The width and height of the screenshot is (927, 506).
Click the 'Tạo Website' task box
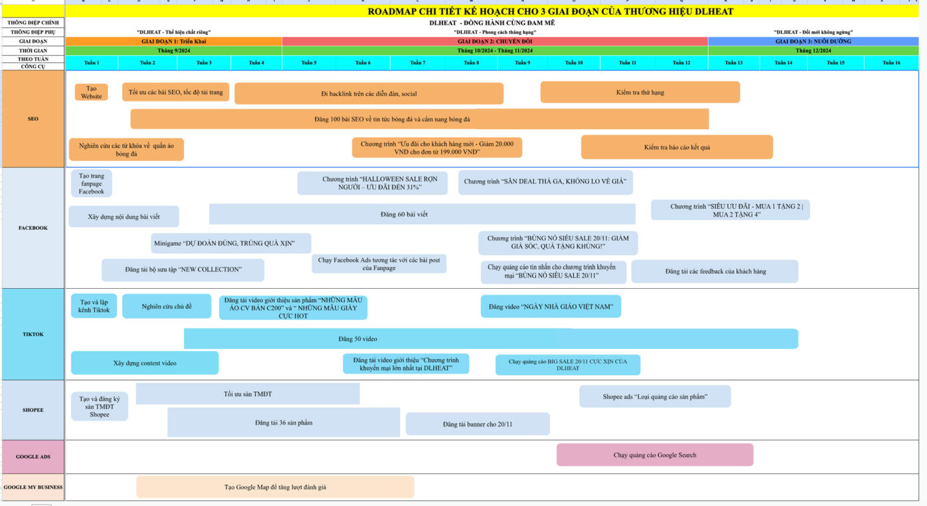(91, 92)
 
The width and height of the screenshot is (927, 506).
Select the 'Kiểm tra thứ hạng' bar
(640, 92)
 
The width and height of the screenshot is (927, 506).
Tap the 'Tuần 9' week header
(522, 63)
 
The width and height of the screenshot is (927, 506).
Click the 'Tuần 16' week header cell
(892, 63)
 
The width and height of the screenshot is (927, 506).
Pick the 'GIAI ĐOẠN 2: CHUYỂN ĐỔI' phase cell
(495, 41)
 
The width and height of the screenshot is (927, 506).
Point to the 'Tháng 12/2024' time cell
(812, 50)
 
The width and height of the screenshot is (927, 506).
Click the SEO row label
(33, 119)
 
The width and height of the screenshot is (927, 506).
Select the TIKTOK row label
(33, 334)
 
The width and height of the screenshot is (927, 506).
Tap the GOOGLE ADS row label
(33, 457)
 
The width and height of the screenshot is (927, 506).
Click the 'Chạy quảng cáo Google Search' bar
(655, 455)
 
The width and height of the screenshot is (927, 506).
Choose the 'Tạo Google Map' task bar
(275, 487)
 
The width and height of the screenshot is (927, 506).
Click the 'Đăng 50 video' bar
(490, 339)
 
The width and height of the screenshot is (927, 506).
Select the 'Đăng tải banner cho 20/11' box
(477, 424)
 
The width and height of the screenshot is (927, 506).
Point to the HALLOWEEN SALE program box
(371, 183)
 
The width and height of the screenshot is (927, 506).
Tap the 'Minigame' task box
(230, 244)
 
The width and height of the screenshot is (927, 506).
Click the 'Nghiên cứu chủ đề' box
(167, 306)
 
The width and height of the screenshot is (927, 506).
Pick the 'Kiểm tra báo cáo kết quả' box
(677, 147)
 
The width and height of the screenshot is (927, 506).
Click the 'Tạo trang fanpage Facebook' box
(91, 183)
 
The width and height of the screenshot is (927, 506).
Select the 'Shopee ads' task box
(655, 397)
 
